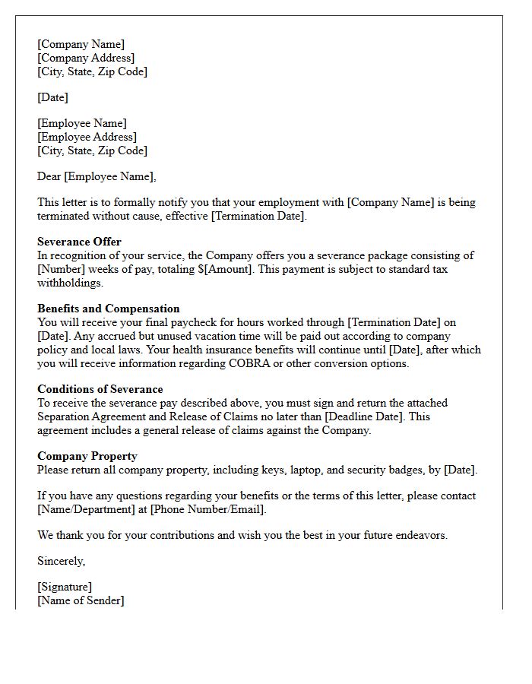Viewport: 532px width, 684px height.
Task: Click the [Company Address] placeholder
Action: coord(86,58)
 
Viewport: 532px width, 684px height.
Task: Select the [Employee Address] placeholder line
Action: coord(87,137)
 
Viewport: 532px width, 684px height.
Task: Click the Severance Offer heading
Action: coord(79,242)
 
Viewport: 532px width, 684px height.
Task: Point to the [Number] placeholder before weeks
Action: coord(62,269)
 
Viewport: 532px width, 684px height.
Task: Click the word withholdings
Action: coord(70,283)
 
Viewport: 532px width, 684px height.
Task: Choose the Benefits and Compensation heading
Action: coord(109,309)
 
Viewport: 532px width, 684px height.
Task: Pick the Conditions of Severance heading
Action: coord(100,389)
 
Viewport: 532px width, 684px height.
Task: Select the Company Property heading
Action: coord(87,456)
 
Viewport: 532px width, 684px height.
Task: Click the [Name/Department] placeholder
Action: coord(84,509)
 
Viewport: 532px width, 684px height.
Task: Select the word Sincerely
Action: coord(61,561)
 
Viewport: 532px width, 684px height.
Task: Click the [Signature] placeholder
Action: coord(65,587)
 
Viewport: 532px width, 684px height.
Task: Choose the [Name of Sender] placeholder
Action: coord(81,600)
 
